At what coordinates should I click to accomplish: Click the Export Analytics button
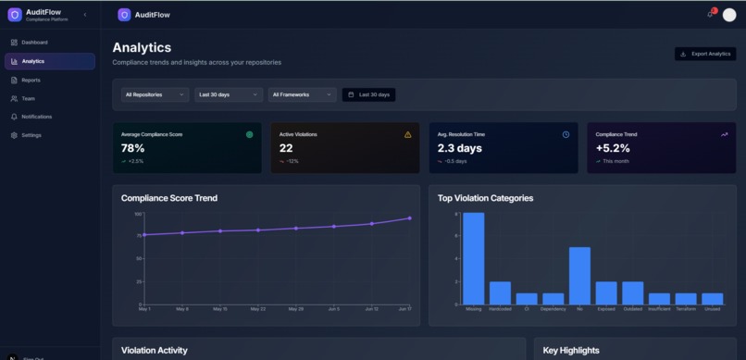[x=705, y=54]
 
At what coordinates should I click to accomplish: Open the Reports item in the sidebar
[x=31, y=81]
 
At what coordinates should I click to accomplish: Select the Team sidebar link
[x=29, y=98]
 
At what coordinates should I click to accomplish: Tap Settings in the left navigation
[x=31, y=135]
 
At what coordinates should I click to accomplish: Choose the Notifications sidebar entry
[x=36, y=117]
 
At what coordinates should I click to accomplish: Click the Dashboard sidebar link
[x=34, y=43]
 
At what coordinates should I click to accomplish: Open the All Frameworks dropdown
[x=303, y=94]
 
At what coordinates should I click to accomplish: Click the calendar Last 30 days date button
[x=369, y=94]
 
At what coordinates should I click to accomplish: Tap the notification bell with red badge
[x=711, y=14]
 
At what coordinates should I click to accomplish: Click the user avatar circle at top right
[x=729, y=15]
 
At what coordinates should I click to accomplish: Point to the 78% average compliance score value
[x=133, y=148]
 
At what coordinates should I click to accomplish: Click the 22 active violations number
[x=286, y=148]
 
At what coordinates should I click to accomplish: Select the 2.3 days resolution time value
[x=459, y=148]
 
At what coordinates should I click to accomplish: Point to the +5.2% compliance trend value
[x=613, y=148]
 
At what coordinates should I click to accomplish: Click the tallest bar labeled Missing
[x=474, y=258]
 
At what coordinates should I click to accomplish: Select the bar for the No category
[x=579, y=275]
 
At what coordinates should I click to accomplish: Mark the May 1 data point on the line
[x=144, y=235]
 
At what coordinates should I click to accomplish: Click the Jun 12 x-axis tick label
[x=371, y=309]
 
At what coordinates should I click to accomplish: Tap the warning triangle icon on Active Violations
[x=407, y=134]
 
